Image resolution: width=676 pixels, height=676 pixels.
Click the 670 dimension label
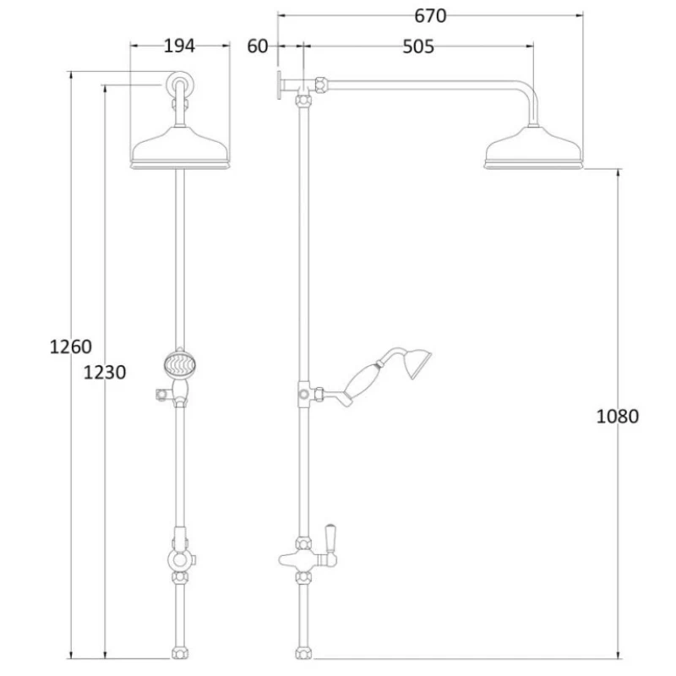pos(430,15)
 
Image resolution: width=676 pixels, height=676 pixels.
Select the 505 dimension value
pos(417,46)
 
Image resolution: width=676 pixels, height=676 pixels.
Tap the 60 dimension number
pos(257,46)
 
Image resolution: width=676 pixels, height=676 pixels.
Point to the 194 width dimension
pos(179,46)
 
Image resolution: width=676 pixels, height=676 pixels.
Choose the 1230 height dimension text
pos(105,372)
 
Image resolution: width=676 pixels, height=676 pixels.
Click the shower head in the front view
pos(180,148)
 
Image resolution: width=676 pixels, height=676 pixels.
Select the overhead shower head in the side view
pos(533,150)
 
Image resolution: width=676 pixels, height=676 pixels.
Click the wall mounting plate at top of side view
pos(278,84)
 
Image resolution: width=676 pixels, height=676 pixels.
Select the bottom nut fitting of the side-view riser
pos(303,653)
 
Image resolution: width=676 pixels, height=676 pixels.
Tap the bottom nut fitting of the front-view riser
pos(179,653)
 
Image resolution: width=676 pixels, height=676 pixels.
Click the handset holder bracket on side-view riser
pos(304,394)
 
